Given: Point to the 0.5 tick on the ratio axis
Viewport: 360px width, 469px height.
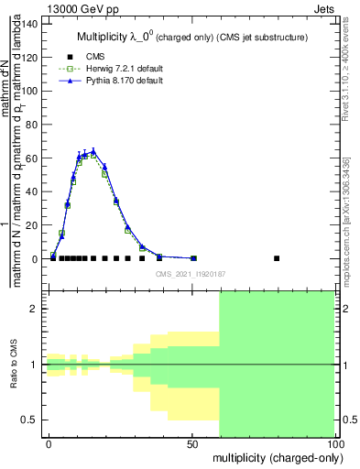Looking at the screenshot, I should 32,420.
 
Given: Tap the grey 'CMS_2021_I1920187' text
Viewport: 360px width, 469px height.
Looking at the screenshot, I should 190,273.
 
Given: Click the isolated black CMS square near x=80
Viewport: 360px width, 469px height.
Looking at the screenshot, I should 278,258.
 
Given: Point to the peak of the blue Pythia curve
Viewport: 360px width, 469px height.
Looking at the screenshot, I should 93,151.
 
